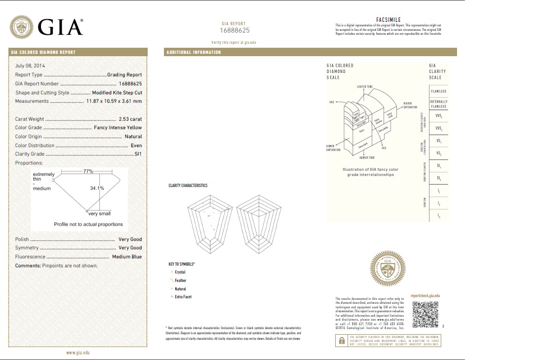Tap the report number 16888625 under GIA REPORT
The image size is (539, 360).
pyautogui.click(x=234, y=29)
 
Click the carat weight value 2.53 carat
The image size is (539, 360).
pyautogui.click(x=130, y=119)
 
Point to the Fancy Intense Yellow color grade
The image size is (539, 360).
pyautogui.click(x=117, y=127)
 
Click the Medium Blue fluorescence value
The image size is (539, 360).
pyautogui.click(x=127, y=257)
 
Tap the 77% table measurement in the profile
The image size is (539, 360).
pyautogui.click(x=88, y=171)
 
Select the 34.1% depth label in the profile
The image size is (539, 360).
pyautogui.click(x=97, y=188)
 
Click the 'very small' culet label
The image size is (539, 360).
pyautogui.click(x=99, y=213)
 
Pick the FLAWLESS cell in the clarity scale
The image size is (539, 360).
pyautogui.click(x=438, y=90)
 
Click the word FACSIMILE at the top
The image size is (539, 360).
pyautogui.click(x=388, y=19)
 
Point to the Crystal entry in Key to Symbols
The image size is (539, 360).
pyautogui.click(x=180, y=272)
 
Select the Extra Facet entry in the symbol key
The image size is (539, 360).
pyautogui.click(x=183, y=297)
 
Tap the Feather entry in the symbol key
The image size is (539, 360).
pyautogui.click(x=180, y=280)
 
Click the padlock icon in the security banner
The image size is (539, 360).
pyautogui.click(x=340, y=340)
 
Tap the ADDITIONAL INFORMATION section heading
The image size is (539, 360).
pyautogui.click(x=194, y=52)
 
